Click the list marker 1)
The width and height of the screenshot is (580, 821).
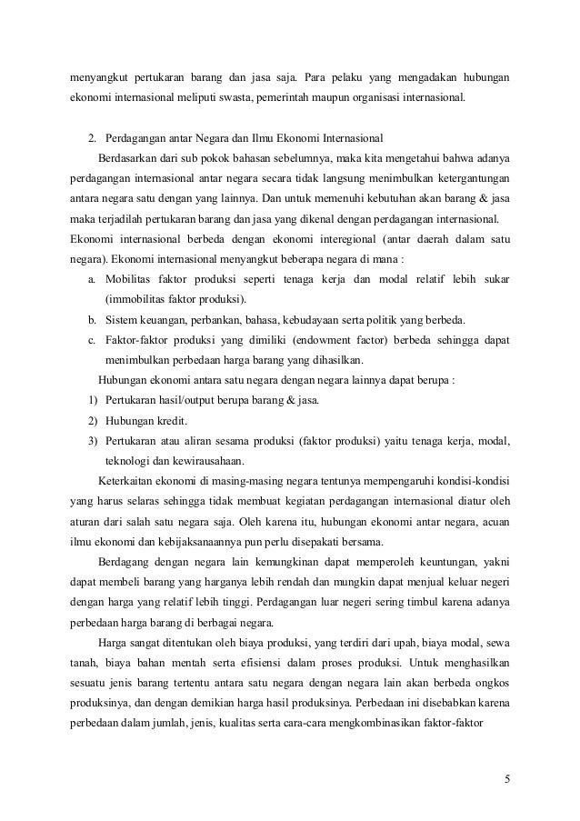click(92, 401)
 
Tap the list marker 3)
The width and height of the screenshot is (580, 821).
click(92, 441)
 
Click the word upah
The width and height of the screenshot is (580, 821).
click(384, 644)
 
